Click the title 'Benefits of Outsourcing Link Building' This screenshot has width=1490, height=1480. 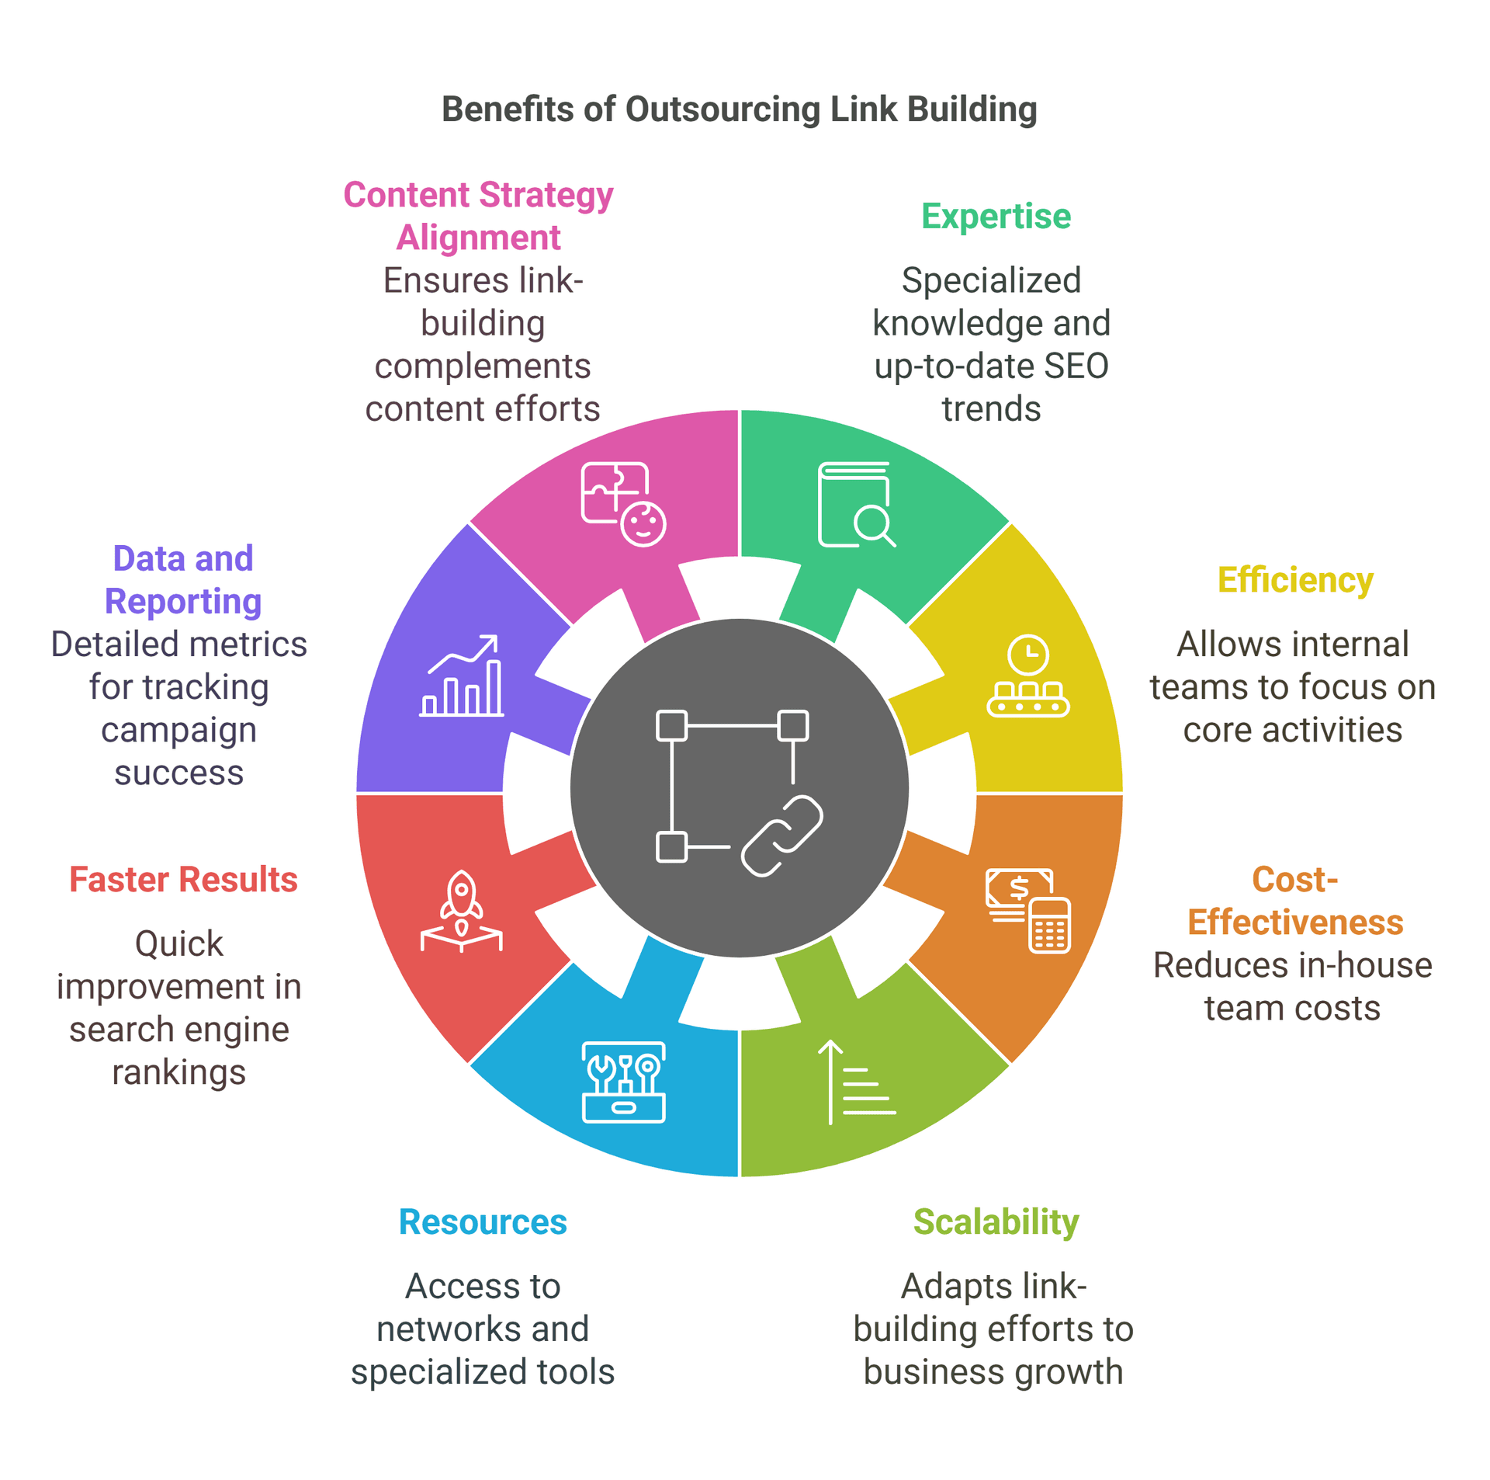pos(739,109)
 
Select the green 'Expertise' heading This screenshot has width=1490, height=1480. pos(996,216)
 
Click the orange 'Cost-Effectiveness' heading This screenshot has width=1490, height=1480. pos(1294,901)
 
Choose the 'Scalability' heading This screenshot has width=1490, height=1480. pos(996,1221)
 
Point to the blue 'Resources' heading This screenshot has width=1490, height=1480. pos(483,1221)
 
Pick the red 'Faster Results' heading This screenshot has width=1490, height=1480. pos(183,879)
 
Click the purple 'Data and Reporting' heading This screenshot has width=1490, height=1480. pos(183,579)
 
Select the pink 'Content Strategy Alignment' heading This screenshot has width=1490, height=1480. pos(479,216)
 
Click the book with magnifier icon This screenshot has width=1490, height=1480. pos(856,505)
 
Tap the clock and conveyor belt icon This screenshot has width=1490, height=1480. pos(1027,676)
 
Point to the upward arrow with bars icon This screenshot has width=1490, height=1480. pos(856,1082)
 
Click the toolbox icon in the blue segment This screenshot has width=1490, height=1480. pos(623,1082)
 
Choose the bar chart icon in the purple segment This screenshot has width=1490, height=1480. pos(461,676)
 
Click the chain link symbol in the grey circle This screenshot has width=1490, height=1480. pos(781,836)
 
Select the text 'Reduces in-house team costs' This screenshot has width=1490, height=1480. pos(1292,986)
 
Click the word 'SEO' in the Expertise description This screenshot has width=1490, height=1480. pos(1076,366)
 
